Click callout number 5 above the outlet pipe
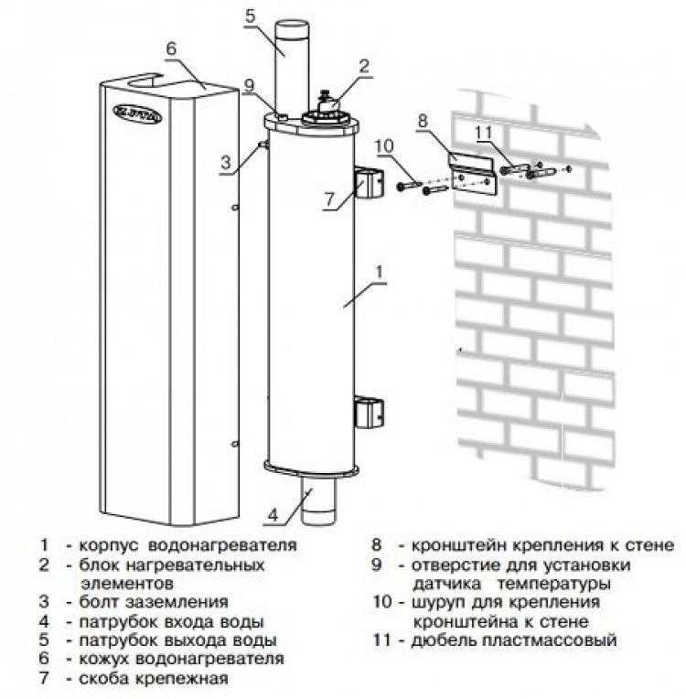(250, 16)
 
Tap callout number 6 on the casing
(172, 49)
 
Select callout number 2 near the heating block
(364, 67)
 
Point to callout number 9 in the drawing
(249, 86)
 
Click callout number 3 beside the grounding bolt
(226, 162)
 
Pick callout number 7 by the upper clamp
(329, 199)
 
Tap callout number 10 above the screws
(384, 146)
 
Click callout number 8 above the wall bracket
(423, 121)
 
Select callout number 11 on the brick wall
(483, 133)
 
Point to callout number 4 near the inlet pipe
(273, 515)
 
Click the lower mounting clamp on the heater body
(369, 414)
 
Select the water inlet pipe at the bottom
(318, 500)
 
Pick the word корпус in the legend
(109, 545)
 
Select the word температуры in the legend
(553, 584)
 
